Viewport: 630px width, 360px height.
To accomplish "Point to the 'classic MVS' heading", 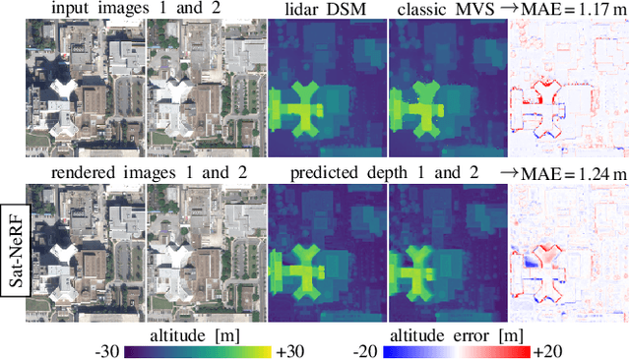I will [444, 11].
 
